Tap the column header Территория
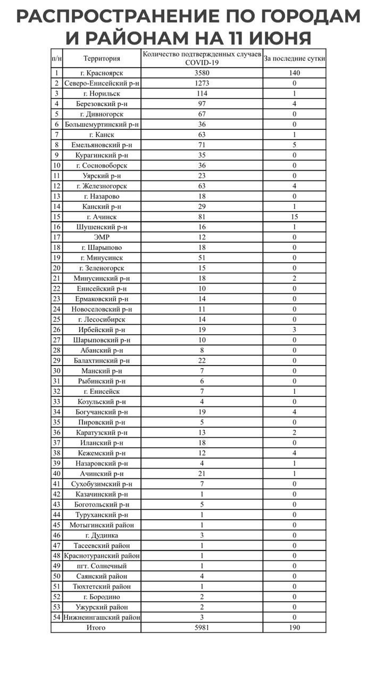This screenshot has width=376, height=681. click(x=102, y=59)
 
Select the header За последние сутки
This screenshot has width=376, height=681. click(x=294, y=59)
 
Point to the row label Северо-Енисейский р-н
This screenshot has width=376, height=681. click(x=102, y=84)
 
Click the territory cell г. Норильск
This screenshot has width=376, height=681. click(x=102, y=94)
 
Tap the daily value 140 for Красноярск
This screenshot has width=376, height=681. click(x=294, y=73)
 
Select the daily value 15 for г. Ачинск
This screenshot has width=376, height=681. click(x=294, y=217)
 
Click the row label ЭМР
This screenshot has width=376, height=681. click(x=102, y=237)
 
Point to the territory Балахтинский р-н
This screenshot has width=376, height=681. click(x=102, y=360)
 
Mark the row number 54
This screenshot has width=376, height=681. click(x=56, y=617)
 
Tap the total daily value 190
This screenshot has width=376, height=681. click(x=294, y=627)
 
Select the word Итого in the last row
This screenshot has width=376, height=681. click(x=96, y=627)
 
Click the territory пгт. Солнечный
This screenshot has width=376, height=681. click(x=102, y=566)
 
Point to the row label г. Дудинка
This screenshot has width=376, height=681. click(x=102, y=535)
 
